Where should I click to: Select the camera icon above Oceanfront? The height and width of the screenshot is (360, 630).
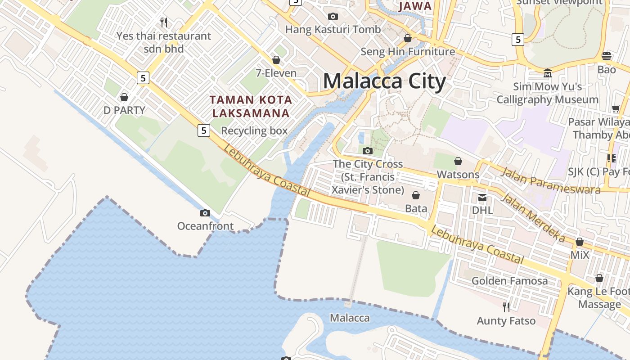(205, 213)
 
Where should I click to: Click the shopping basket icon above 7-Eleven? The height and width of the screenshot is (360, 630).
(276, 60)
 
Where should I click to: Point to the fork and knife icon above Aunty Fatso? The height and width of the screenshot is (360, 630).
(506, 307)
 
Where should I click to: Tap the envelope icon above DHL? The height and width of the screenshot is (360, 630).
(482, 197)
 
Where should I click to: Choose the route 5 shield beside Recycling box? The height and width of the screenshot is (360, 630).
(204, 130)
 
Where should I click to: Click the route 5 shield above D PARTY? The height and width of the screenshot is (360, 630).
(143, 78)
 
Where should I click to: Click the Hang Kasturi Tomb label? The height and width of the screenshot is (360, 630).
(333, 30)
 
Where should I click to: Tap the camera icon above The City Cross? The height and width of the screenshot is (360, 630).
(368, 151)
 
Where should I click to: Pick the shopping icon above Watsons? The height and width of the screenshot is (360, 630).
(458, 161)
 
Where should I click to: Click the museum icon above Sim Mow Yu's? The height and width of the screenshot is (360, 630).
(548, 73)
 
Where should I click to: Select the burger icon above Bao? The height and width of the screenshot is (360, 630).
(607, 56)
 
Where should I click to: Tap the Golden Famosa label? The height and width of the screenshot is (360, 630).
(509, 281)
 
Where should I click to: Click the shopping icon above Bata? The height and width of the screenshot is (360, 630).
(416, 195)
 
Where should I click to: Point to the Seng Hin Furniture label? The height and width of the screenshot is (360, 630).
(408, 52)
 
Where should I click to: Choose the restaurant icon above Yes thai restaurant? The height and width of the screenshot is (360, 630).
(164, 22)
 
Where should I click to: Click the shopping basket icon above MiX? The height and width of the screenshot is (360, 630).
(580, 242)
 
